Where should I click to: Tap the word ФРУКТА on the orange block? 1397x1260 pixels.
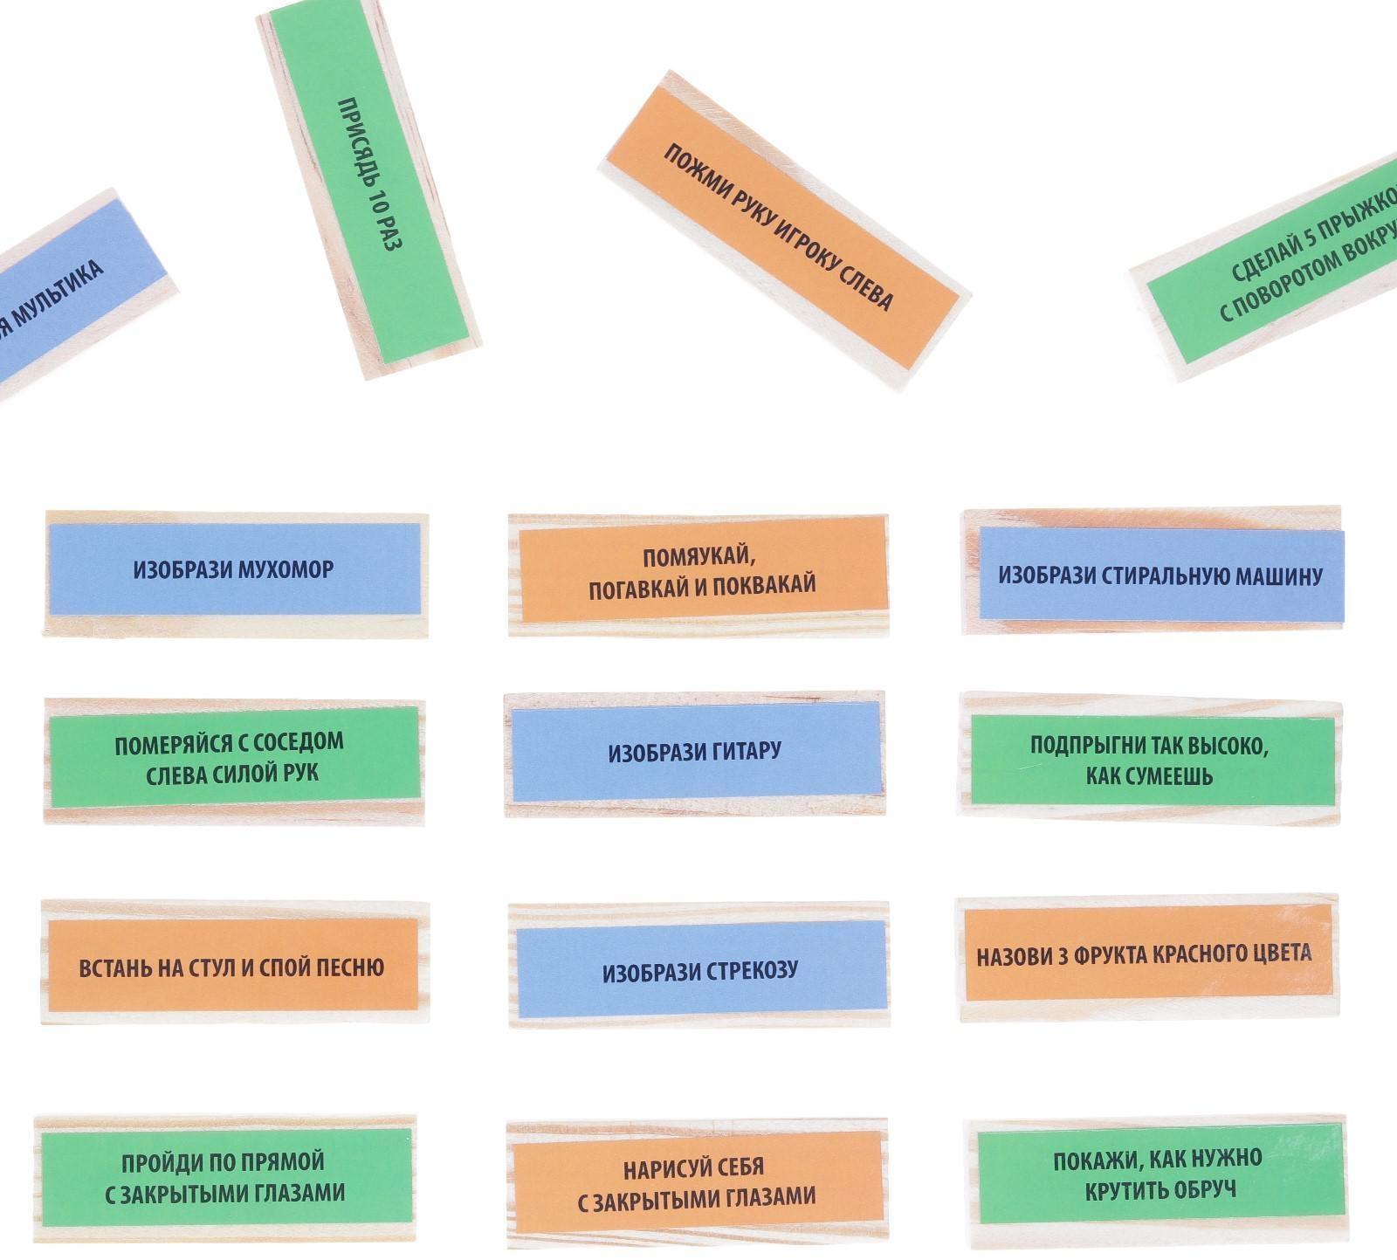tap(1114, 954)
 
